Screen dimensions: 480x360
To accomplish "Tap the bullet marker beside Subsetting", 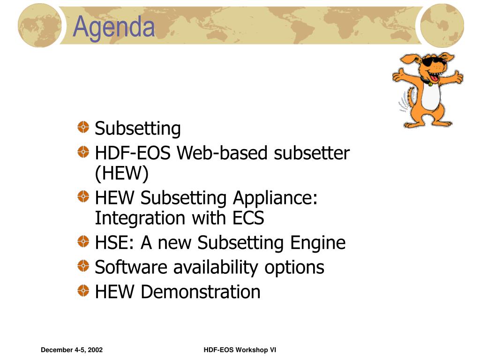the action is click(83, 127).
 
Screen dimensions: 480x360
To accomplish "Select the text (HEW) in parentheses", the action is click(121, 173).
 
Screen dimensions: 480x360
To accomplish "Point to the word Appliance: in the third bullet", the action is click(275, 198).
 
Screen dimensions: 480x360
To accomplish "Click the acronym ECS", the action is click(248, 218).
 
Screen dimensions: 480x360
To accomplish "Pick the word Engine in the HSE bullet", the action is click(318, 243).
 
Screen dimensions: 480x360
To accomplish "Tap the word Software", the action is click(131, 267).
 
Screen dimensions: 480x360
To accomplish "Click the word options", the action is click(294, 268).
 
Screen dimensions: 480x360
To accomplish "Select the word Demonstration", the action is click(201, 292).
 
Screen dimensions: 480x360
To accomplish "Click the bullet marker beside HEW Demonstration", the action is click(83, 291).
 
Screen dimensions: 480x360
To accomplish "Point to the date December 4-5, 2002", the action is click(72, 350).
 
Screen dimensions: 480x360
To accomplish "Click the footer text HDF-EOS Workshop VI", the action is click(240, 350).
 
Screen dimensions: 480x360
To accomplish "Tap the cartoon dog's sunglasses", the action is click(433, 61).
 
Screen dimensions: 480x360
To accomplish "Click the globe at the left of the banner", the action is click(39, 26).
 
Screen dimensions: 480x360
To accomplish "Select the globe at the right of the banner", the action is click(442, 26).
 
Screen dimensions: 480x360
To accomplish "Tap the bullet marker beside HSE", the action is click(83, 241).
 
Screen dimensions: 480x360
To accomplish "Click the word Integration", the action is click(140, 218).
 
